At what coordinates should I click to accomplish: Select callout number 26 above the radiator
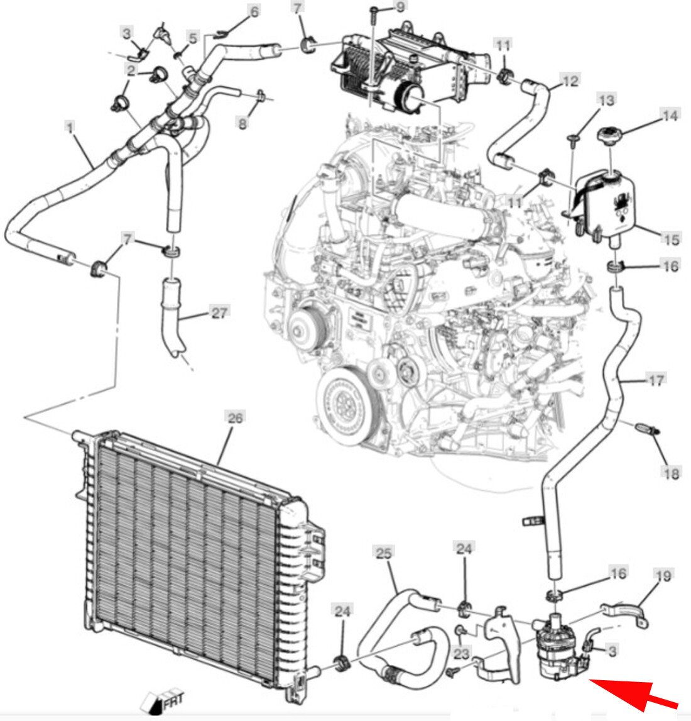(x=234, y=417)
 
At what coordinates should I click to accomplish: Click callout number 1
(x=70, y=128)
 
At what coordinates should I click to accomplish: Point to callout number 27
(x=219, y=312)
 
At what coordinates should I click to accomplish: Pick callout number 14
(x=670, y=116)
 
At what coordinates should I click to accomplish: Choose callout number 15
(x=671, y=239)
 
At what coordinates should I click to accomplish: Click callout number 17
(x=655, y=380)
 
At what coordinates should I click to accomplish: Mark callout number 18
(x=671, y=473)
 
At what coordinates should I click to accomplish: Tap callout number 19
(x=663, y=575)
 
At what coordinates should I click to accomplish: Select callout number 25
(x=384, y=553)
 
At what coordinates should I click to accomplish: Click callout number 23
(x=462, y=654)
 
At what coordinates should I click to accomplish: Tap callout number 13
(x=606, y=100)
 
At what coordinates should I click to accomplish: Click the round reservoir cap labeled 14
(x=608, y=136)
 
